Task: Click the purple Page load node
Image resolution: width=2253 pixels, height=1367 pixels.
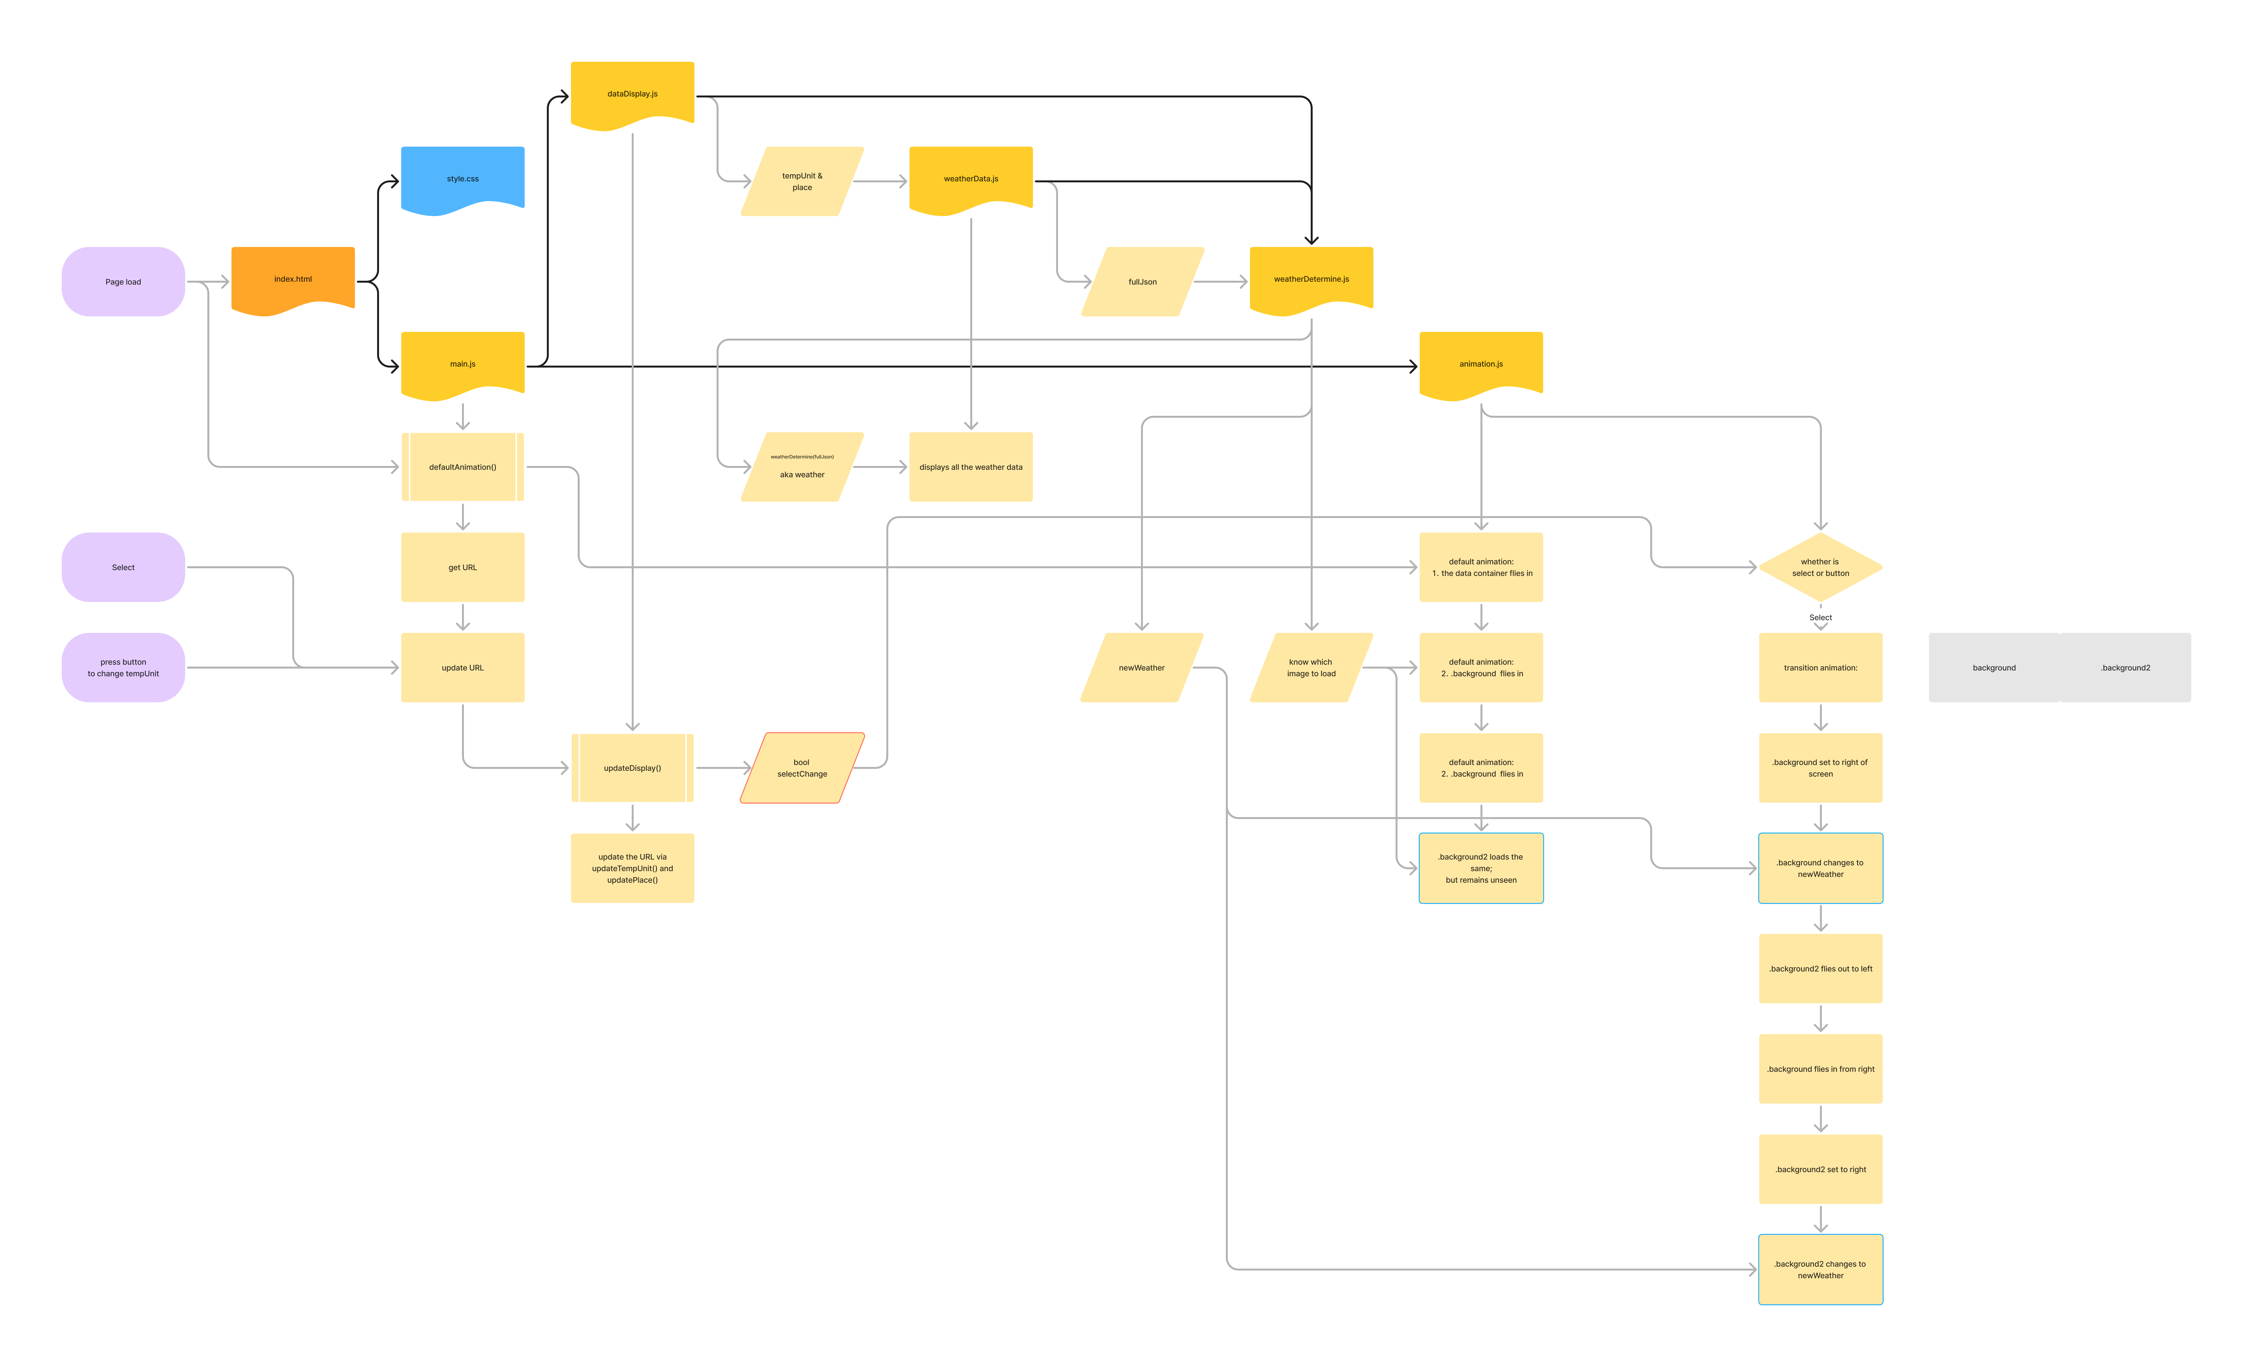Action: pyautogui.click(x=123, y=282)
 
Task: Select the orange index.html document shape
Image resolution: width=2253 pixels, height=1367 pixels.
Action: pyautogui.click(x=293, y=279)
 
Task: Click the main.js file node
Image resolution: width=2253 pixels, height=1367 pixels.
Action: pyautogui.click(x=463, y=364)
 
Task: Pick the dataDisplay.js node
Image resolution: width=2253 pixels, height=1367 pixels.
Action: pyautogui.click(x=632, y=93)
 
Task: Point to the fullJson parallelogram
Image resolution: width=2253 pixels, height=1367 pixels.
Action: pyautogui.click(x=1142, y=282)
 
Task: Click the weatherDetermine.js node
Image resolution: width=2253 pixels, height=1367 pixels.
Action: pyautogui.click(x=1311, y=279)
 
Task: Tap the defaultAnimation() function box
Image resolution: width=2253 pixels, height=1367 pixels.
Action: pyautogui.click(x=463, y=467)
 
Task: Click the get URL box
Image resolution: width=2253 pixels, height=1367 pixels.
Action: pyautogui.click(x=463, y=568)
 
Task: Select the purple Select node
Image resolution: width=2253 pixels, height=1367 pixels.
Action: pyautogui.click(x=123, y=568)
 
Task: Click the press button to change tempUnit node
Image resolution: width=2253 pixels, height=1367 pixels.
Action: pyautogui.click(x=123, y=668)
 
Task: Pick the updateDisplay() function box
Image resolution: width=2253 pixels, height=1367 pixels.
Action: pyautogui.click(x=632, y=768)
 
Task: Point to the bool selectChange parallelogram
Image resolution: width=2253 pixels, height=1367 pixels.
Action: pyautogui.click(x=802, y=768)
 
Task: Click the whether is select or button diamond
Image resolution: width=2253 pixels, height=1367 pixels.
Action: pyautogui.click(x=1820, y=568)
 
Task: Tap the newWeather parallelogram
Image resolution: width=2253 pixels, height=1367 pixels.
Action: pyautogui.click(x=1142, y=668)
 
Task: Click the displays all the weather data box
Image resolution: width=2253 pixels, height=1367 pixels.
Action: pyautogui.click(x=971, y=467)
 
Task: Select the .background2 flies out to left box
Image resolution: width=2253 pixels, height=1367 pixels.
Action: pyautogui.click(x=1820, y=968)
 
